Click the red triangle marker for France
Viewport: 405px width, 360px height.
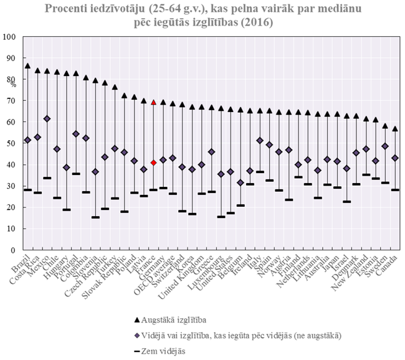click(154, 102)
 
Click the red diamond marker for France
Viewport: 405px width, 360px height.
click(154, 163)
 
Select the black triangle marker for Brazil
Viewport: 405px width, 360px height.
click(27, 65)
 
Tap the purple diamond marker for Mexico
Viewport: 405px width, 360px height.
click(48, 118)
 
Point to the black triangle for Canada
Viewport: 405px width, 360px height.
click(394, 128)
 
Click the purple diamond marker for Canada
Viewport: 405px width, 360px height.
click(394, 158)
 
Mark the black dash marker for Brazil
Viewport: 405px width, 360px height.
click(27, 190)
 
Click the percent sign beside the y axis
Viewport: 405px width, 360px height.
click(13, 83)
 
